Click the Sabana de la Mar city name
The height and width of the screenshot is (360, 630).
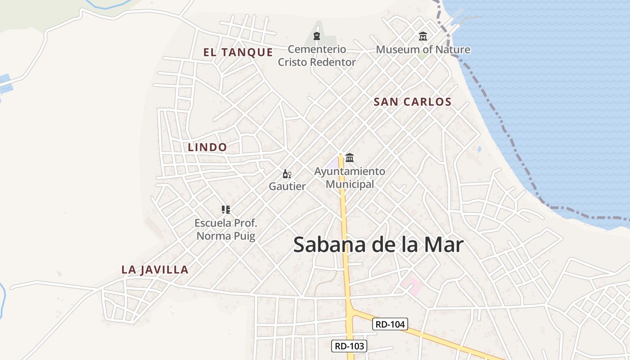click(378, 245)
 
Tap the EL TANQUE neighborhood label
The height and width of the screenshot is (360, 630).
click(238, 53)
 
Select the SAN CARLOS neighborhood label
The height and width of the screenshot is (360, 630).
click(412, 102)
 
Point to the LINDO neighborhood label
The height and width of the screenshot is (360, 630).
click(207, 147)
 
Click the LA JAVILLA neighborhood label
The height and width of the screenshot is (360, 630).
click(155, 270)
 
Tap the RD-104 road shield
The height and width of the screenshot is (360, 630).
click(390, 324)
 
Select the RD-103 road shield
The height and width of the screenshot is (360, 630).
click(349, 346)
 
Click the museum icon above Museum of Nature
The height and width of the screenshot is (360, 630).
click(423, 36)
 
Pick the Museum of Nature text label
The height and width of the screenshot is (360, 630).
click(423, 49)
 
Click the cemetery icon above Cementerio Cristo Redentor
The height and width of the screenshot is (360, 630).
click(317, 36)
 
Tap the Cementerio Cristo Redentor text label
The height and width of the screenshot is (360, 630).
click(317, 56)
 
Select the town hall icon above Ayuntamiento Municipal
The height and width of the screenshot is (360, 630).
click(350, 158)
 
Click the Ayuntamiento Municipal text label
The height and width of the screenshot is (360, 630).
click(350, 178)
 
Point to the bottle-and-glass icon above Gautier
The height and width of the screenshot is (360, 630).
click(287, 174)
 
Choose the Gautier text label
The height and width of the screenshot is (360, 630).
click(287, 186)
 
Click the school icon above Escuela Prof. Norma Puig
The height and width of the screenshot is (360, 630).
click(226, 209)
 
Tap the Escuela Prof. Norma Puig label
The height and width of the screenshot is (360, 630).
click(226, 229)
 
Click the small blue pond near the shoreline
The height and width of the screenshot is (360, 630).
click(479, 148)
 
